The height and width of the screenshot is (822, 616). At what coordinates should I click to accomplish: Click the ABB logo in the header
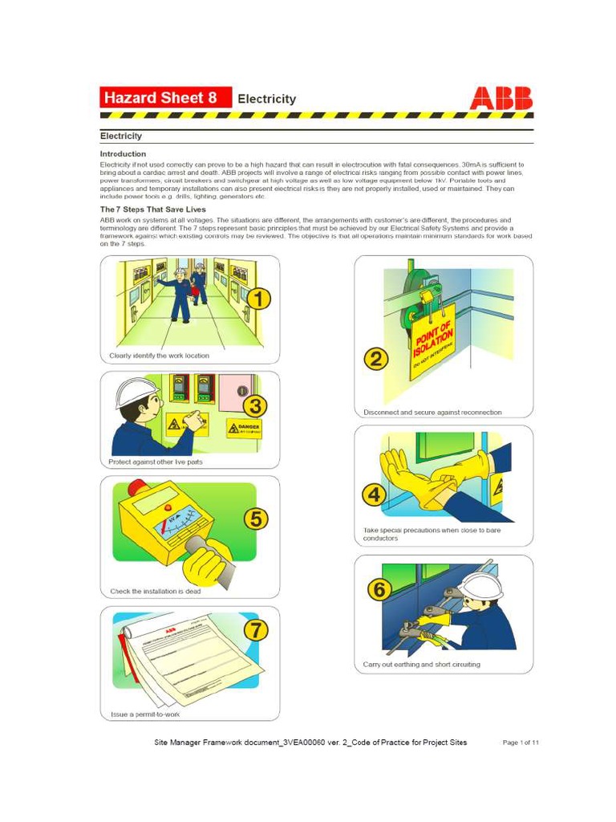500,98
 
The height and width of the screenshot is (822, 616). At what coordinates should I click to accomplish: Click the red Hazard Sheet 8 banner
165,98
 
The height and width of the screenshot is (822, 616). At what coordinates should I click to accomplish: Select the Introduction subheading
123,153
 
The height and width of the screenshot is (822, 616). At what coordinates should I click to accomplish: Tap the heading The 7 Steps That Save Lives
152,210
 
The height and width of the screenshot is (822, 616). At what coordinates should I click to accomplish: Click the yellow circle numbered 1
257,299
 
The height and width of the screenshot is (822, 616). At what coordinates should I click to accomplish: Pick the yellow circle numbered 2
376,359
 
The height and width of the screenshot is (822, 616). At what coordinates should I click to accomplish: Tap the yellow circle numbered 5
255,519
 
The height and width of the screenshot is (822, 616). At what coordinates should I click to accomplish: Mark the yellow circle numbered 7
256,629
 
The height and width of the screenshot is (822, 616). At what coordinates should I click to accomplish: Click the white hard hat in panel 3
136,393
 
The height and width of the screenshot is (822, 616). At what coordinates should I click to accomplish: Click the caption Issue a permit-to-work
145,714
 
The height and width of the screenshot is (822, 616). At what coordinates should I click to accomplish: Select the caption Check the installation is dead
156,592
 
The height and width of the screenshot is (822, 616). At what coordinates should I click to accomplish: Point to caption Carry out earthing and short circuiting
422,665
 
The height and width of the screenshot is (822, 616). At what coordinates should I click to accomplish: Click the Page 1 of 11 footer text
521,743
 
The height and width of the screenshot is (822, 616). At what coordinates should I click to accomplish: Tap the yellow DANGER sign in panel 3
243,428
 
